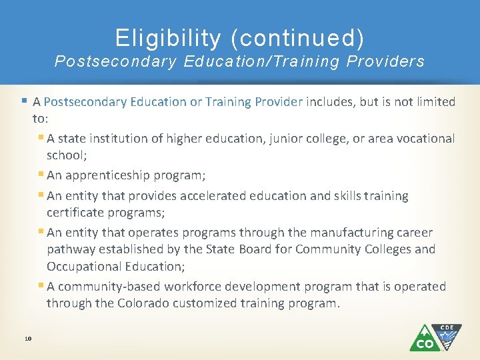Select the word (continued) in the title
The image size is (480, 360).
click(x=297, y=38)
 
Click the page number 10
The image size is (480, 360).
click(x=28, y=339)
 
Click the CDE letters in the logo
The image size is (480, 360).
click(x=447, y=328)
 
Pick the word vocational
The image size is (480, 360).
click(x=421, y=139)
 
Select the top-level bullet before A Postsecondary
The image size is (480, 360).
click(x=25, y=101)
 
